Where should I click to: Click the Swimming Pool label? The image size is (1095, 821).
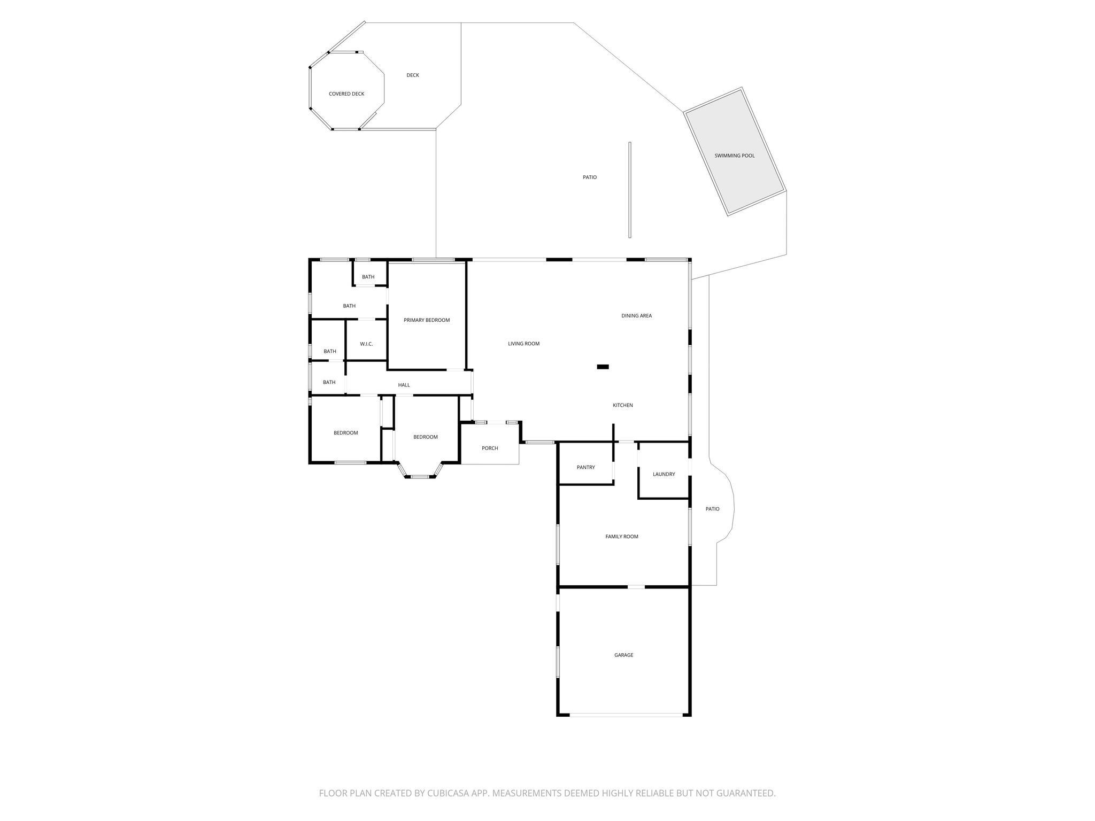tap(735, 156)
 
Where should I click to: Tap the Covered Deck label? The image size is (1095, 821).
tap(346, 94)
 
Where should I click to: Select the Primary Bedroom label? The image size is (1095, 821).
tap(427, 320)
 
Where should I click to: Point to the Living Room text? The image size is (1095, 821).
tap(523, 344)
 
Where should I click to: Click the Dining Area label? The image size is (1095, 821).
tap(636, 316)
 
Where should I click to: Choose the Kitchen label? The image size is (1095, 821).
tap(623, 405)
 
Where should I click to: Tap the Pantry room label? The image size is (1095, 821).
tap(586, 467)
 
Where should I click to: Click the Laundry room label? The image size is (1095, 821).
tap(664, 474)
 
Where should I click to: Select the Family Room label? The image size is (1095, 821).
tap(622, 537)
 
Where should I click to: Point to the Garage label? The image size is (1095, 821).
tap(623, 655)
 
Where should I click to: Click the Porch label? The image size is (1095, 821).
tap(490, 448)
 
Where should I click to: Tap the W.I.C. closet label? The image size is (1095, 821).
tap(366, 344)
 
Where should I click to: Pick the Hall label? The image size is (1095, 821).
tap(404, 385)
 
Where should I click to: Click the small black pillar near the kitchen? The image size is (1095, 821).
tap(603, 367)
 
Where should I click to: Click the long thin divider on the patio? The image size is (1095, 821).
tap(630, 190)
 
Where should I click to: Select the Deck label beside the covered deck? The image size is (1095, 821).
tap(413, 75)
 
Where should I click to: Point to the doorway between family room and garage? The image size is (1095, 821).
tap(636, 587)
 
